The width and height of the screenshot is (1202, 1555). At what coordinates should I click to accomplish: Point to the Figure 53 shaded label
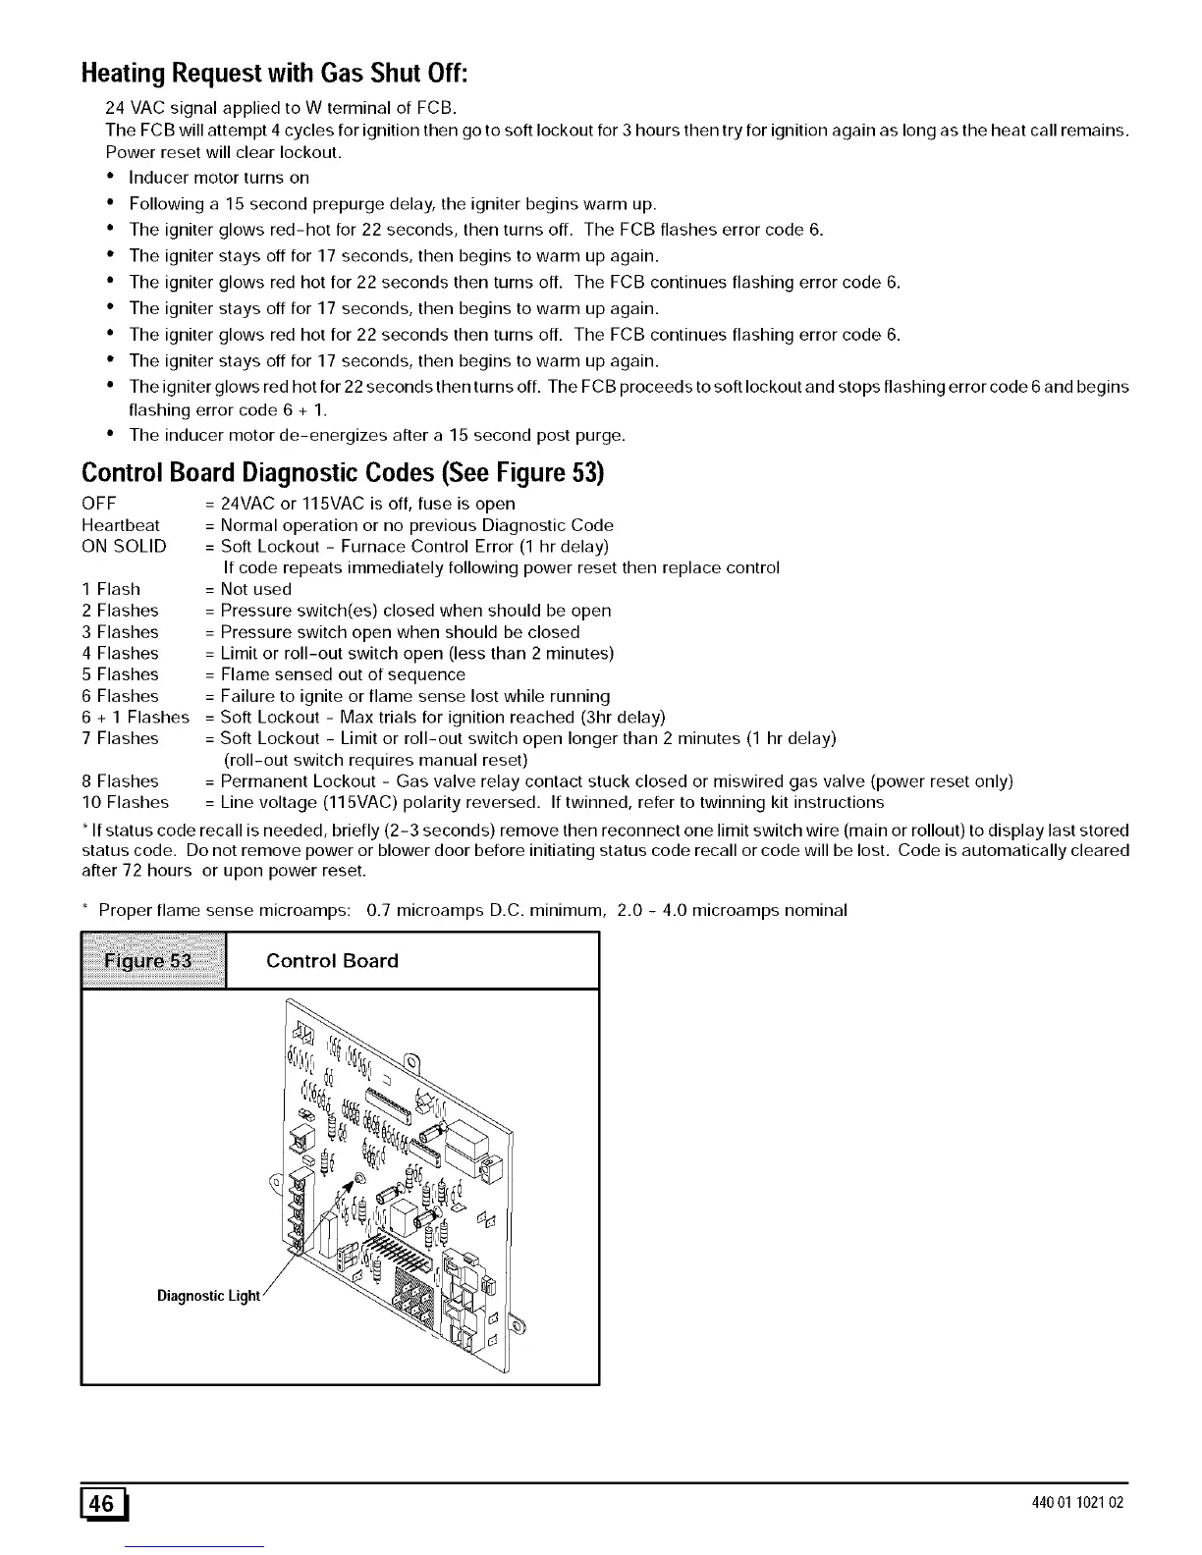click(154, 961)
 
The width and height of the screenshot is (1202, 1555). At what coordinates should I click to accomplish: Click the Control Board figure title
click(332, 961)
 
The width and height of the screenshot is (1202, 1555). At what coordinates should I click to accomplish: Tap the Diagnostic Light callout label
click(208, 1296)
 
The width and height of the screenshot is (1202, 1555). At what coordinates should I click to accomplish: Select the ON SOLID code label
click(124, 547)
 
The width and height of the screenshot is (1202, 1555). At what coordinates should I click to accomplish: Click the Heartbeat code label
click(121, 525)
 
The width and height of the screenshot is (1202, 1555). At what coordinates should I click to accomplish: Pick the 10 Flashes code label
click(126, 803)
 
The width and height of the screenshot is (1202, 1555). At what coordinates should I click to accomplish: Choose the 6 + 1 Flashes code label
click(136, 718)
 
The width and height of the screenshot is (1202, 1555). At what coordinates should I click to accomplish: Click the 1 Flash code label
click(111, 589)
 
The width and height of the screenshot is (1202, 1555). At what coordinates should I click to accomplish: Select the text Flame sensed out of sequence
click(343, 674)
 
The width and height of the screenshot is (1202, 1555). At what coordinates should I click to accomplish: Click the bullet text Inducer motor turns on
click(219, 178)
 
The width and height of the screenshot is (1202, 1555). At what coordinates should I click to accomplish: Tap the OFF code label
click(99, 504)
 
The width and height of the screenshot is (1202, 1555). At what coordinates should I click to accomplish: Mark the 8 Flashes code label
click(120, 781)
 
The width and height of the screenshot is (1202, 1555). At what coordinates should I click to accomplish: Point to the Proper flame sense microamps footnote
click(472, 910)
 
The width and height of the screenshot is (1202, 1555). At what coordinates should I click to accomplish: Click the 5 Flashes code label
click(120, 674)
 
